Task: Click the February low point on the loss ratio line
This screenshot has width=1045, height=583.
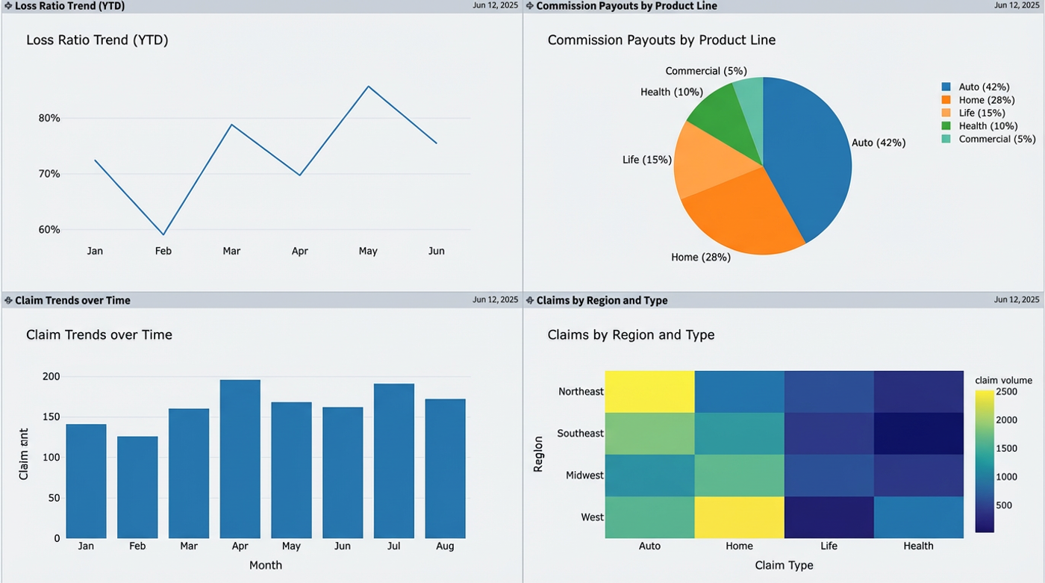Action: (x=163, y=235)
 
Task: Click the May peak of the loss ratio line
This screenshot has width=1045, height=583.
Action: (x=368, y=87)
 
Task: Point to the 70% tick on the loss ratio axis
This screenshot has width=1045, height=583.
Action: (x=49, y=174)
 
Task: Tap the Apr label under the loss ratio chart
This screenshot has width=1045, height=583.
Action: (x=299, y=251)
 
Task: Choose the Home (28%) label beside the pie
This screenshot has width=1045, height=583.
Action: (x=700, y=258)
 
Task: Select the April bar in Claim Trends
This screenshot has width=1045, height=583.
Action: (x=240, y=458)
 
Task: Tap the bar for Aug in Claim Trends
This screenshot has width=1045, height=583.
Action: (x=445, y=468)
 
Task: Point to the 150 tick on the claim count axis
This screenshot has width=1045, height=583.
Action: (x=51, y=417)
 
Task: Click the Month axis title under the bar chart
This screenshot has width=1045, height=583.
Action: (x=265, y=565)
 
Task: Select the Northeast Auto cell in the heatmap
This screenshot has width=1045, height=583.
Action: (x=649, y=391)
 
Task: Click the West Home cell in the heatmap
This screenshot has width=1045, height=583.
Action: (x=739, y=517)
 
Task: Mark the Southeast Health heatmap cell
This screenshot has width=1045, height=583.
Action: (x=918, y=433)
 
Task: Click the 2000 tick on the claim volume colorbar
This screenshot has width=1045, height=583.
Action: (x=1005, y=420)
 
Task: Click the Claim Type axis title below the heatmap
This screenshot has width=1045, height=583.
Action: (x=784, y=565)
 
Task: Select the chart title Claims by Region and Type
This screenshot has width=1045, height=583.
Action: (x=631, y=335)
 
